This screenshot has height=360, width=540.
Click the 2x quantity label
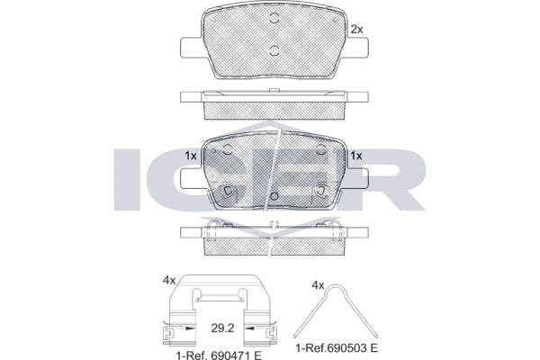(356, 30)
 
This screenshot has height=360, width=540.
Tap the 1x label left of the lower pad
(191, 156)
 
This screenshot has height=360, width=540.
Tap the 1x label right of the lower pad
(356, 156)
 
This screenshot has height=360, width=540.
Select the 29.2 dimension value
(222, 328)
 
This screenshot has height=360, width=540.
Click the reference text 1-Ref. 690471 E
(219, 355)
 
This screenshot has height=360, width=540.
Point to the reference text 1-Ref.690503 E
(337, 348)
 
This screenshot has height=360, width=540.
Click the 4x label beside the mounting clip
(169, 281)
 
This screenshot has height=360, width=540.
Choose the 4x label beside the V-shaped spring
(318, 285)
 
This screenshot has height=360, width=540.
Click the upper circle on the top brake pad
(274, 18)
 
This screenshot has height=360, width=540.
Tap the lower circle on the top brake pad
(274, 50)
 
